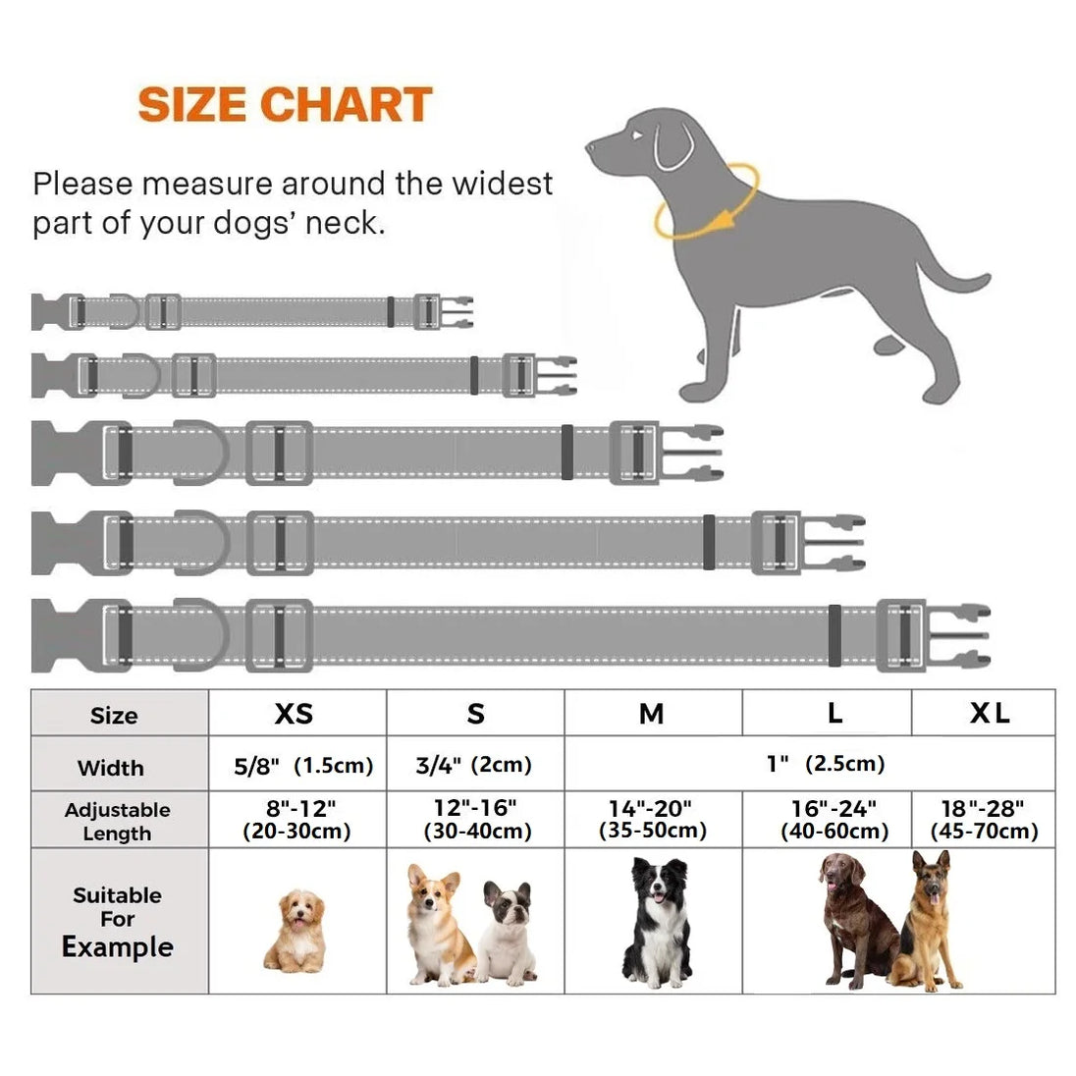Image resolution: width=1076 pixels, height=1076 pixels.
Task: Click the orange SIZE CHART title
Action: coord(285,104)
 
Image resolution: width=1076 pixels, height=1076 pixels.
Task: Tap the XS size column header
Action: coord(294,714)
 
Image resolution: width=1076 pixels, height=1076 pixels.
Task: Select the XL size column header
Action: coord(990,713)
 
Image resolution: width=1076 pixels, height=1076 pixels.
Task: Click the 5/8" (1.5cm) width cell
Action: coord(303,765)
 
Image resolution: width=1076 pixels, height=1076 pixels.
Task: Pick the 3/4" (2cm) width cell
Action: coord(473,765)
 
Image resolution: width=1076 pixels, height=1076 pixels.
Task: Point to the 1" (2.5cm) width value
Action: coord(826,763)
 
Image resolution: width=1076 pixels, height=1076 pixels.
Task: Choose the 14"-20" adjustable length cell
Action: coord(653,819)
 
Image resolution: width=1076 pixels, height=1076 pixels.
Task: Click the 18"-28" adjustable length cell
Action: coord(984,820)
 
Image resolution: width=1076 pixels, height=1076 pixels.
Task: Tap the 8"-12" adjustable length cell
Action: coord(297,820)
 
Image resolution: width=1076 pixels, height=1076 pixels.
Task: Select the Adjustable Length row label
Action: coord(118,822)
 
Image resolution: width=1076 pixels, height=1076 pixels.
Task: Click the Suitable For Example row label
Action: coord(118,922)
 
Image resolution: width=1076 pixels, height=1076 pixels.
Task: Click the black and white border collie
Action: coord(658,922)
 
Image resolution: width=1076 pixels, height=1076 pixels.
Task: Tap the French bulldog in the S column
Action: coord(507,932)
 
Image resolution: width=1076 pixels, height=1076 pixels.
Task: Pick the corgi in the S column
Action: coord(438,925)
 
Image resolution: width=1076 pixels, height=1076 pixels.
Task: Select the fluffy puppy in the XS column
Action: coord(296,930)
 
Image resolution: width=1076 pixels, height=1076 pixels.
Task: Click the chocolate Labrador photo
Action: coord(858,920)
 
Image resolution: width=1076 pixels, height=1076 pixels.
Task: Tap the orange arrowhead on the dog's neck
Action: coord(719,220)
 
